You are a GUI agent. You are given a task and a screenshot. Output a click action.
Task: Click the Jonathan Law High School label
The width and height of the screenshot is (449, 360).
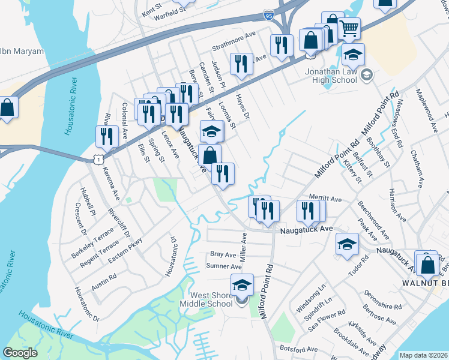[331, 75]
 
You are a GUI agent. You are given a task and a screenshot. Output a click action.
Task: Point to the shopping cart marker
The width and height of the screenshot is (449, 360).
[349, 28]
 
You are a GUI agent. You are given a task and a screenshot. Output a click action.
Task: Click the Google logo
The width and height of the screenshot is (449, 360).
[20, 352]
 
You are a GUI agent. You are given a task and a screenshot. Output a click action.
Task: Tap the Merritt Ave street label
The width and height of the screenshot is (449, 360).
[325, 199]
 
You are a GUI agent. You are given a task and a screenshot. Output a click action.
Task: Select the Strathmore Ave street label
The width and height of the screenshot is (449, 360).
[234, 47]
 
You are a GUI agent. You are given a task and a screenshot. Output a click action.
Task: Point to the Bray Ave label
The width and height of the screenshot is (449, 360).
[222, 254]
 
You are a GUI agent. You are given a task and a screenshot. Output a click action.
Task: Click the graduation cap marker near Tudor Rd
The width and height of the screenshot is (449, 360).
[348, 244]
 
